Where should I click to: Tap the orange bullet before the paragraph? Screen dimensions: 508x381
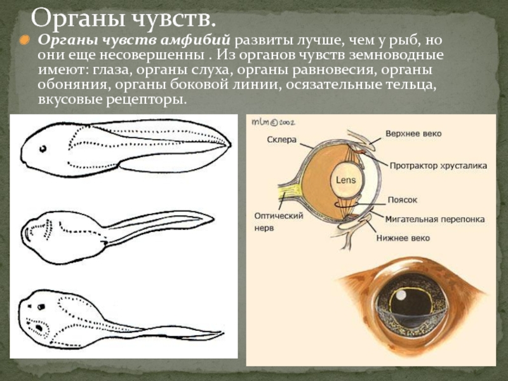point(23,41)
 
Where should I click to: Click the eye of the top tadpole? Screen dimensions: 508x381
point(43,149)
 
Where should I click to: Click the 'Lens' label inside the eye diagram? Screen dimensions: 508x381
point(346,180)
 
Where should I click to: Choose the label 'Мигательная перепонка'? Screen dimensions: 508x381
point(435,219)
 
